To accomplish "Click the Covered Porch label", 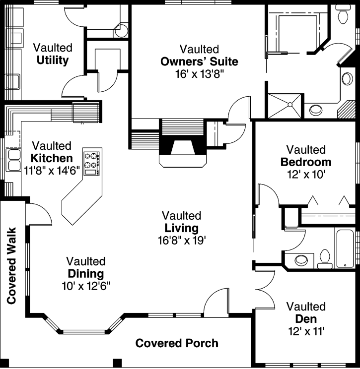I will pyautogui.click(x=177, y=343).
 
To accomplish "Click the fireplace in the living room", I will pyautogui.click(x=181, y=149).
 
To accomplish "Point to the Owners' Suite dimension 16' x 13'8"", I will pyautogui.click(x=199, y=74).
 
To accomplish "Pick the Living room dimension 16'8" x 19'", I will pyautogui.click(x=181, y=241).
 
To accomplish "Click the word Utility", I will pyautogui.click(x=52, y=61).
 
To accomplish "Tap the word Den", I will pyautogui.click(x=306, y=319).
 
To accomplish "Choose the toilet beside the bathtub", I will pyautogui.click(x=325, y=258).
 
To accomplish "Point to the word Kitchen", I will pyautogui.click(x=52, y=159).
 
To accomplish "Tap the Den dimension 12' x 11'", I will pyautogui.click(x=306, y=331).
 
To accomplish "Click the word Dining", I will pyautogui.click(x=85, y=274).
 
